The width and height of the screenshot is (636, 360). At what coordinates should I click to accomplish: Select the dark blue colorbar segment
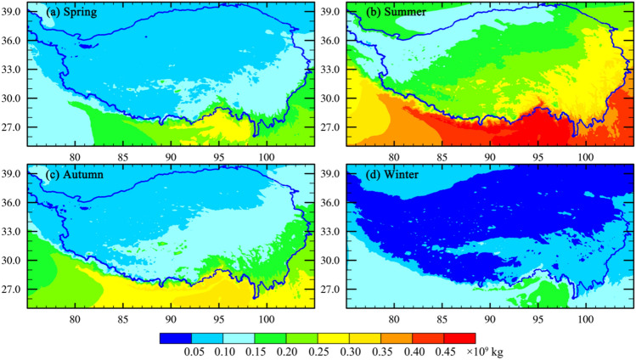tap(175, 337)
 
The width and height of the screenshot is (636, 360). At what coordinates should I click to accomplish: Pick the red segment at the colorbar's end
tap(459, 337)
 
